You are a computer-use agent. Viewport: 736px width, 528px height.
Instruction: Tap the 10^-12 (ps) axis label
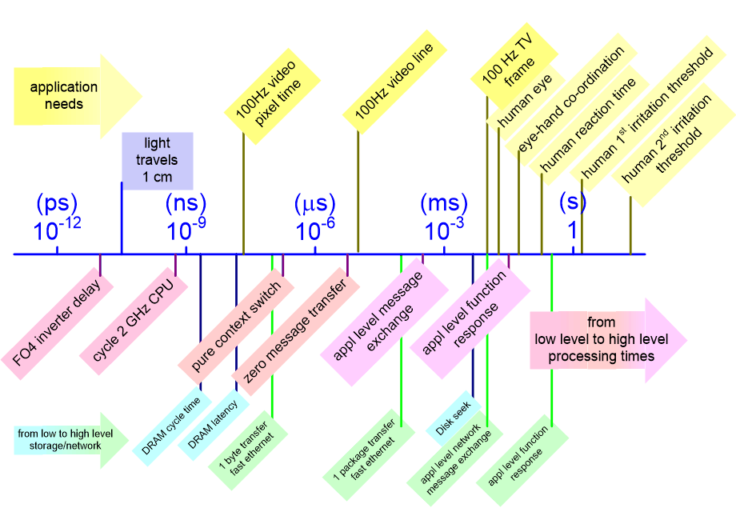pyautogui.click(x=57, y=218)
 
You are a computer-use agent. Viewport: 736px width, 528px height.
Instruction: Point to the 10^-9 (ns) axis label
pyautogui.click(x=186, y=218)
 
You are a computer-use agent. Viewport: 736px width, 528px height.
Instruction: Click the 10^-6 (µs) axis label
pyautogui.click(x=314, y=218)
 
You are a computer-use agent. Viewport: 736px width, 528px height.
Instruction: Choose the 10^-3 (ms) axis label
pyautogui.click(x=443, y=218)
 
